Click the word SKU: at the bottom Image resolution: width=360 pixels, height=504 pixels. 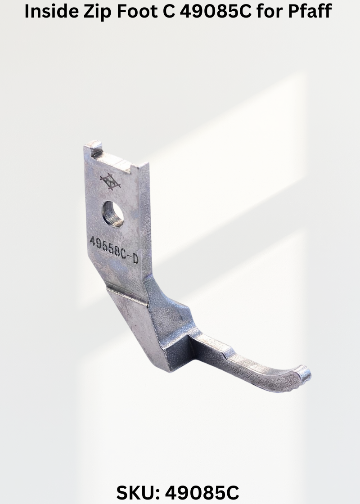(138, 492)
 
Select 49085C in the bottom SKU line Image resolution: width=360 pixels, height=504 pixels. (202, 492)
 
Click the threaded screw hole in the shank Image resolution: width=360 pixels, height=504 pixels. (113, 214)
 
